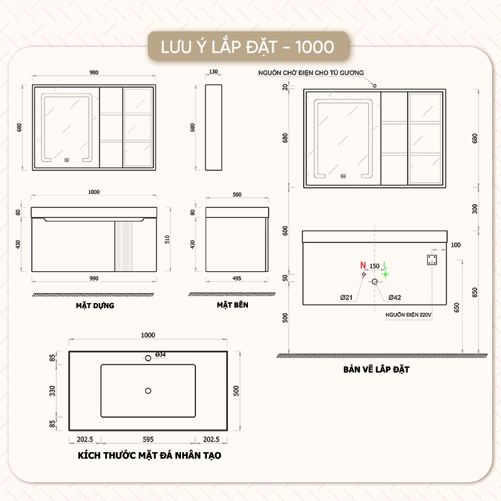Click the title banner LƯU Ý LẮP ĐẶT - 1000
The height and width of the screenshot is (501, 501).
point(247,47)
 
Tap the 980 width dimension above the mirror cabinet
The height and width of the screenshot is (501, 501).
point(94,73)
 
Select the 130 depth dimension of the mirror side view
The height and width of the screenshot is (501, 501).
point(214,72)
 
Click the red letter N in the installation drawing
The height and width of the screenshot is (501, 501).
point(363,265)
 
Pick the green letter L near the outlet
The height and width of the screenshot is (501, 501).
point(385,265)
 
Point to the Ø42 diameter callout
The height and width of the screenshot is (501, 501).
point(395,297)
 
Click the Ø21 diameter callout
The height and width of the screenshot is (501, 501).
point(346,297)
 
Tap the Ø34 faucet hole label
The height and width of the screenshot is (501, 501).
point(160,354)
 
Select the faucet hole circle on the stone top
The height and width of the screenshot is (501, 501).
point(148,358)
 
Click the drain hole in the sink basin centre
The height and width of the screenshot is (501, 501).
point(148,391)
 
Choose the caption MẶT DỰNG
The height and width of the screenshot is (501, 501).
point(95,306)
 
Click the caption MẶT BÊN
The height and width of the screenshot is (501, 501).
point(232,305)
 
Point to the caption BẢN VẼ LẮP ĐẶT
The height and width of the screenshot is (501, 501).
point(376,369)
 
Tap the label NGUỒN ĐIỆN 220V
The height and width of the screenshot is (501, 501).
point(408,315)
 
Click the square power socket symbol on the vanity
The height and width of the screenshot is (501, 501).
point(432,260)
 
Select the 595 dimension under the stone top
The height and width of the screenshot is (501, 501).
point(148,440)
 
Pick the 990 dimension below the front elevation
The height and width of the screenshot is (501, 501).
point(94,278)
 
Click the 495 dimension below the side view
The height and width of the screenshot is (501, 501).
point(237,278)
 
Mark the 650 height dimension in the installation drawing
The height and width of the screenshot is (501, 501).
point(457,307)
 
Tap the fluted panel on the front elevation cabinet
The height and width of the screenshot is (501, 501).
point(124,246)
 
